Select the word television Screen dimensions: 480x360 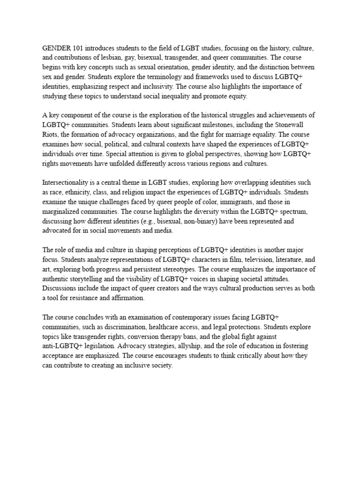[247, 259]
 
